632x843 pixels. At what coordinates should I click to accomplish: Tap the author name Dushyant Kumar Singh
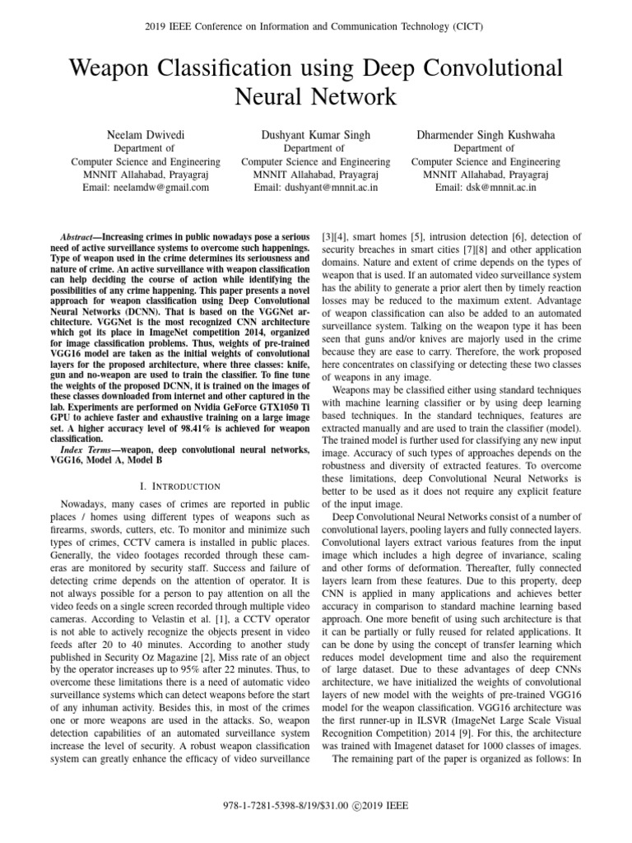pos(315,134)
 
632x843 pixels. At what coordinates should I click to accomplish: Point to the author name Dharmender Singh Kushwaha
pos(486,134)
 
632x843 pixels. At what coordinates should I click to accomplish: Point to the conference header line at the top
pos(315,26)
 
